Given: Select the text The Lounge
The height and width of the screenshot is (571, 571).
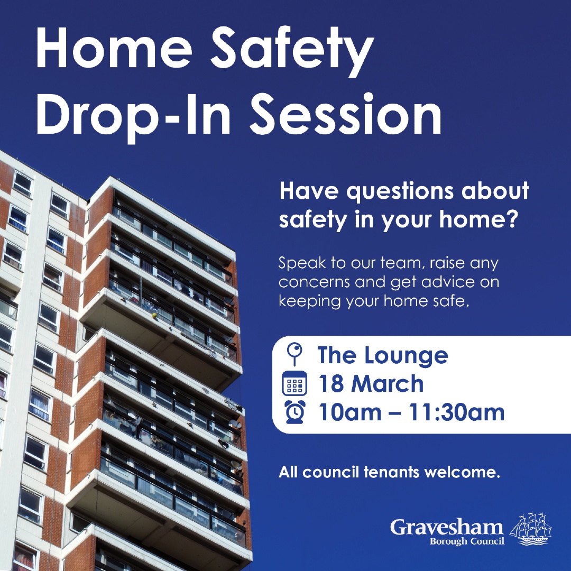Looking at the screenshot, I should (383, 355).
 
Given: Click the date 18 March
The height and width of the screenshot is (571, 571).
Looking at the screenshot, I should (371, 384).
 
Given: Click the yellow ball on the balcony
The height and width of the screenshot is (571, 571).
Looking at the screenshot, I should (154, 316).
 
